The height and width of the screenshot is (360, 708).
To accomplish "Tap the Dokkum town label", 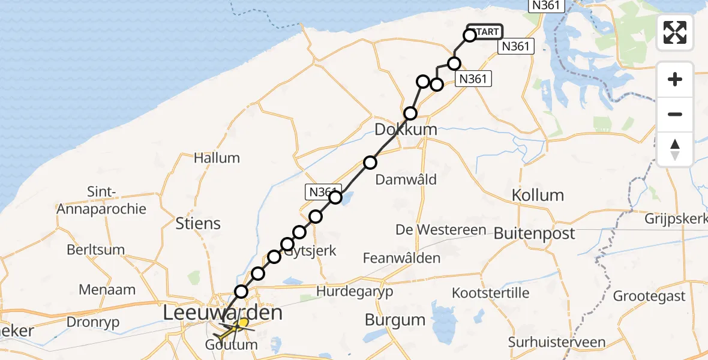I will (x=406, y=129).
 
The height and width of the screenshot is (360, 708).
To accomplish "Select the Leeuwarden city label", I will (x=223, y=313).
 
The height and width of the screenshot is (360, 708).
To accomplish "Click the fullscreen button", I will (x=675, y=32).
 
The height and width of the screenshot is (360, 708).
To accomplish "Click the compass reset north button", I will (x=675, y=149).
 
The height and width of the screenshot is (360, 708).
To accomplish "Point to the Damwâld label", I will (x=406, y=179).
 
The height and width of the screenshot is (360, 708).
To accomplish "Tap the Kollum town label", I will (x=538, y=195).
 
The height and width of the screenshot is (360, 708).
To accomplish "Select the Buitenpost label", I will (x=535, y=233).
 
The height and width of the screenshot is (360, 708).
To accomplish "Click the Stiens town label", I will (x=199, y=223).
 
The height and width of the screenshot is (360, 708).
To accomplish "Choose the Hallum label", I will (x=217, y=158).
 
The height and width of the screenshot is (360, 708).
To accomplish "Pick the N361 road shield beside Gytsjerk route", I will (x=323, y=191).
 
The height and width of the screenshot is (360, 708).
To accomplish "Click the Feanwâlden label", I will (x=401, y=258).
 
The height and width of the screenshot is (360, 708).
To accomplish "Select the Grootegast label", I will (x=649, y=296).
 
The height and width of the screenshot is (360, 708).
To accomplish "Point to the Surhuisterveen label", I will (x=556, y=343).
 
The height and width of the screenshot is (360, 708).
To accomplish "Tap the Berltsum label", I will (x=96, y=250).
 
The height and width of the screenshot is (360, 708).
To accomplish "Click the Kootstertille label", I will (x=491, y=293).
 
